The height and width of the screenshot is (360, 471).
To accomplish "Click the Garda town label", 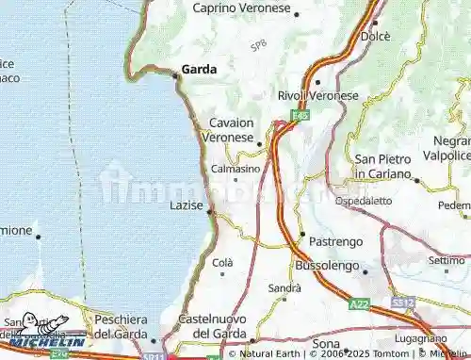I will pos(199,69).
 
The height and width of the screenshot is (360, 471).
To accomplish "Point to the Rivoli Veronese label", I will pos(317,95).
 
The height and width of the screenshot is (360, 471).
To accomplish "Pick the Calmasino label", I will pos(235,169).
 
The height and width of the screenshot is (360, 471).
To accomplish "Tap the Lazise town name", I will pos(186,205).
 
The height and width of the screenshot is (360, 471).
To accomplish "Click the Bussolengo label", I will pos(327,267).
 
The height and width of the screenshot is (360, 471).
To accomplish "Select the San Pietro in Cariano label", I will pos(386,167).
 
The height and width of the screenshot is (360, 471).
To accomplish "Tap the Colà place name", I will pos(222,262).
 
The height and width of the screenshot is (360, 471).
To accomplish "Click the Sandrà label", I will pos(284,287).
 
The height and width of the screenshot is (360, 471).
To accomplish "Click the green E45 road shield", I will pos(300,114).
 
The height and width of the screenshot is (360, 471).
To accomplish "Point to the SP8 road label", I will pos(257,45).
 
